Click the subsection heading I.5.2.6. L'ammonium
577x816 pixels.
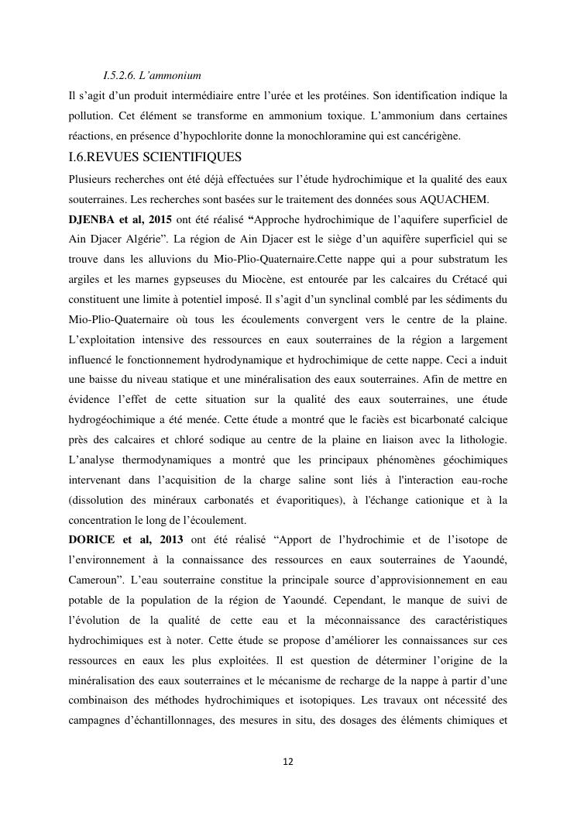pos(152,76)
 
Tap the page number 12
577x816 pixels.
pos(288,762)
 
